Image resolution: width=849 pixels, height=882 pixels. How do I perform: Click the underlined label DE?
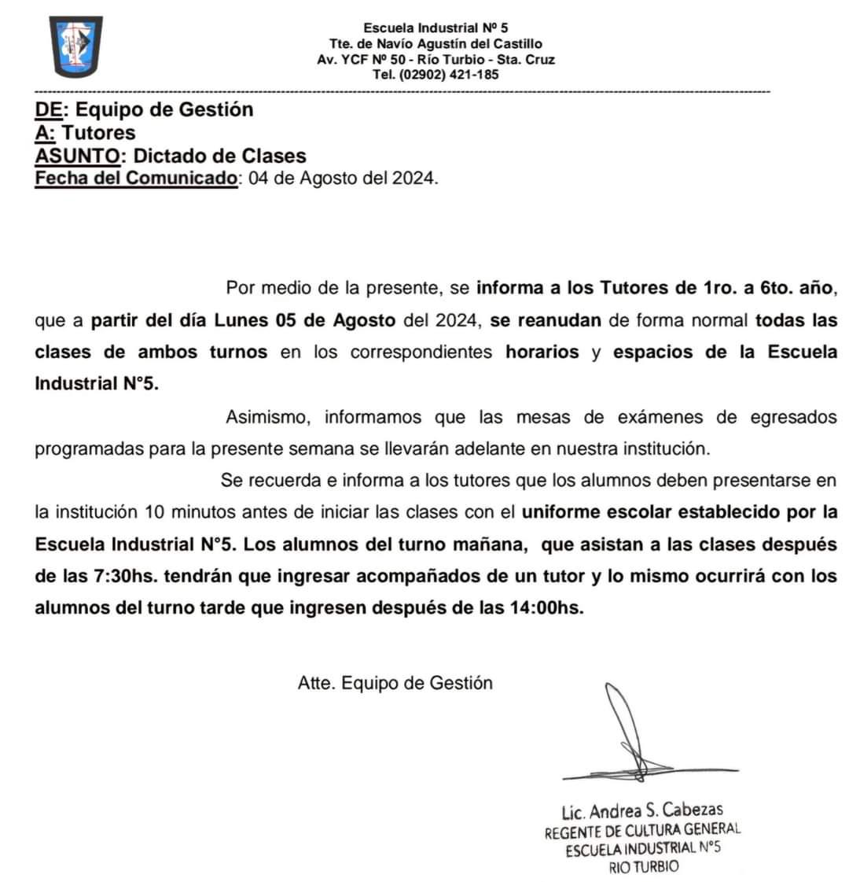(x=48, y=109)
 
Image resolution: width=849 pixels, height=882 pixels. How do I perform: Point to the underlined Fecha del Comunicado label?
(x=136, y=177)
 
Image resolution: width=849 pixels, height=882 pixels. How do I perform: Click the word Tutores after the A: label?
(x=98, y=132)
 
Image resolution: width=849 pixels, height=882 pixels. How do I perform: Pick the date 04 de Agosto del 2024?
(x=342, y=178)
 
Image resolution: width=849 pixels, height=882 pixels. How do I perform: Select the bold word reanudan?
(x=559, y=320)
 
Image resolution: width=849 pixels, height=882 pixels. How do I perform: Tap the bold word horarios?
(x=542, y=352)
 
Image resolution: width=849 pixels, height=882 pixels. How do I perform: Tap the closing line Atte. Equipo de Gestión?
(x=395, y=683)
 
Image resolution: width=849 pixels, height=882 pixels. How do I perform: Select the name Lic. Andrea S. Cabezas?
(x=641, y=810)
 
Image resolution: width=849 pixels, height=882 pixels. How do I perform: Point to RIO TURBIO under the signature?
(x=643, y=867)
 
